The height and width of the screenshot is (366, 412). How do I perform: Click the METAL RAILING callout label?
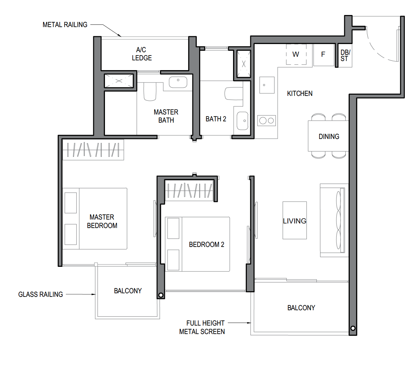(65, 25)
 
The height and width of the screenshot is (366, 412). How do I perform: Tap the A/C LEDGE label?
(142, 54)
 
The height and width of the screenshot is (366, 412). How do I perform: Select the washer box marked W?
(296, 54)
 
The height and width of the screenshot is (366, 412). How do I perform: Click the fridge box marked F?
(324, 55)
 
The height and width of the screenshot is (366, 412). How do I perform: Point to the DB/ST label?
(345, 55)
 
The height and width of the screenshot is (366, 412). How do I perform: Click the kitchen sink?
(267, 85)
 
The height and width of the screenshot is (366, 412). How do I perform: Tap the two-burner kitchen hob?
(267, 120)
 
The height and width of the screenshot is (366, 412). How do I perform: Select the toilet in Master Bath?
(150, 91)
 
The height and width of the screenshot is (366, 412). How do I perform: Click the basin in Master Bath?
(178, 82)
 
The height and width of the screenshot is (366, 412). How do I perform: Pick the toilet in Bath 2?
(234, 94)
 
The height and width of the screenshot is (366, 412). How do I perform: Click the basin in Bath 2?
(243, 121)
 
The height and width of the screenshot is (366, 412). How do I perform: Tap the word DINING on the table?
(329, 136)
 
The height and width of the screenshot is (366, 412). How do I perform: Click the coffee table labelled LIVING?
(295, 220)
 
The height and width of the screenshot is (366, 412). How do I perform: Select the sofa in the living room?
(334, 220)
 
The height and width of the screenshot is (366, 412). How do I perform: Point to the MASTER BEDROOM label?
(102, 221)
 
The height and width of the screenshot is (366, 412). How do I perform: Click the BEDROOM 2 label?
(206, 244)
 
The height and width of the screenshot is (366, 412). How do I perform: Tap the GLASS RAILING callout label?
(40, 294)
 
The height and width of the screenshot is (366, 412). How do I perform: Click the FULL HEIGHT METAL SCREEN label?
(202, 327)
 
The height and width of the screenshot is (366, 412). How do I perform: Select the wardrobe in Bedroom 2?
(189, 191)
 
